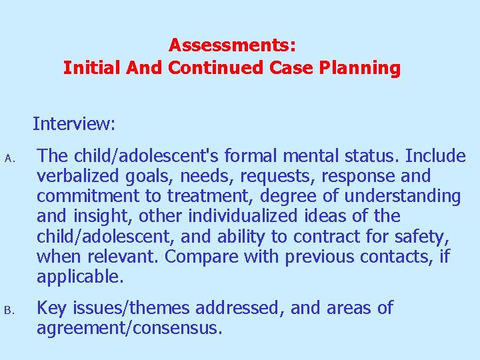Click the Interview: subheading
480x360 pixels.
pos(74,124)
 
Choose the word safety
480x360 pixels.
pos(424,237)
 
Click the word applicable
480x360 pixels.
pos(80,277)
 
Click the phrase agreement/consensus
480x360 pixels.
pos(129,328)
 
